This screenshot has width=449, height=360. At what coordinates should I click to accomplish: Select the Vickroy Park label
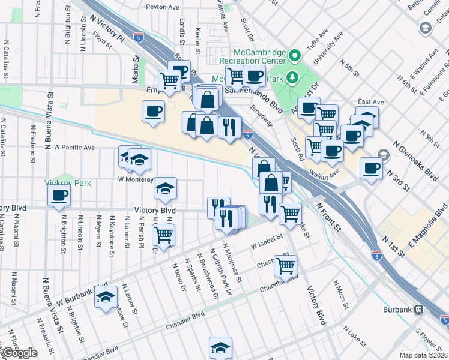67,183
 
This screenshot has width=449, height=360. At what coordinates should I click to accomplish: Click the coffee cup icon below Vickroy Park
59,196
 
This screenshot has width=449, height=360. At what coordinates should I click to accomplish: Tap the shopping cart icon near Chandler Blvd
286,265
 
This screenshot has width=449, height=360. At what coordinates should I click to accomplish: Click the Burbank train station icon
418,310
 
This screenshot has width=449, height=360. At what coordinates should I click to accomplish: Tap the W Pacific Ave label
74,147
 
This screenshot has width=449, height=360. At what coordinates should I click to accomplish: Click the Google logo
19,353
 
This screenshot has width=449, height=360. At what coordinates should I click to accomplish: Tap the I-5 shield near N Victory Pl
138,37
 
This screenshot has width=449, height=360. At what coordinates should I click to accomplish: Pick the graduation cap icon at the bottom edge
220,347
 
